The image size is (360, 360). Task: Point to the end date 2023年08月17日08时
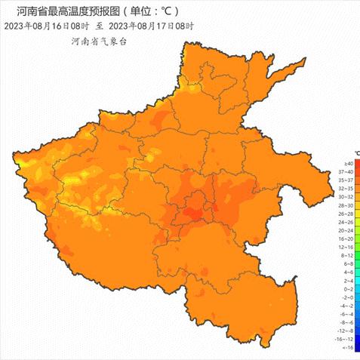coord(154,26)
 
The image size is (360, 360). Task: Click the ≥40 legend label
coord(349,163)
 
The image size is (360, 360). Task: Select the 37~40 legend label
coord(349,171)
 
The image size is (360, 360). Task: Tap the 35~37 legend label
coord(349,180)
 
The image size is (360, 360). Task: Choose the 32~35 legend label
coord(349,188)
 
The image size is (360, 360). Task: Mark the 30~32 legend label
coord(349,197)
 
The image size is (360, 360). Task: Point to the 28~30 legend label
coord(349,205)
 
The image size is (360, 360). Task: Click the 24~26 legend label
coord(349,222)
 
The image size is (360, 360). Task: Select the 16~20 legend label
coord(349,238)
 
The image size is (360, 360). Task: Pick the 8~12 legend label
coord(349,255)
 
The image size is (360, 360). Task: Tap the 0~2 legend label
coord(349,289)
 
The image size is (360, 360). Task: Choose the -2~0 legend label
coord(349,297)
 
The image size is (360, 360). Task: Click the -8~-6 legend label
coord(349,322)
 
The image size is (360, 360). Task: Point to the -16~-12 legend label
coord(349,339)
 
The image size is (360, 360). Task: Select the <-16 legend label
coord(349,347)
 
